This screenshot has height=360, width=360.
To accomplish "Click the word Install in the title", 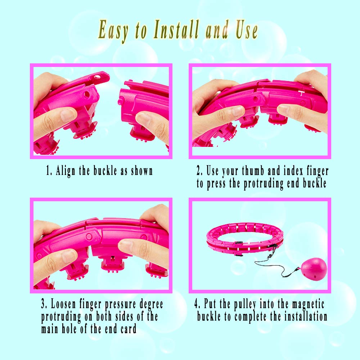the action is click(176, 30).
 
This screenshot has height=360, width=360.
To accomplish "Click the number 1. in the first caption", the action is click(49, 171).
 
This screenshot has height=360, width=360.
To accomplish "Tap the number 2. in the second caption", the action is click(199, 171).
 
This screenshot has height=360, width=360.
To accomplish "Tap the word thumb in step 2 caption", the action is click(253, 171).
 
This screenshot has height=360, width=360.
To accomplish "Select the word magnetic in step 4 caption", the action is click(309, 304).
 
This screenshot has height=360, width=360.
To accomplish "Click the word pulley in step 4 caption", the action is click(245, 305).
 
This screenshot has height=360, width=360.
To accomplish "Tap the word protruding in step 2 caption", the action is click(264, 184).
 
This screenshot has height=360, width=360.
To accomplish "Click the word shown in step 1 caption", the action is click(141, 171).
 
